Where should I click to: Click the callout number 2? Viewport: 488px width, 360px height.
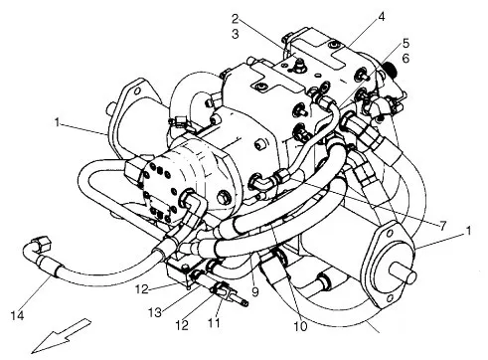(x=235, y=19)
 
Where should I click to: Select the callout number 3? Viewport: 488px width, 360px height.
(x=236, y=34)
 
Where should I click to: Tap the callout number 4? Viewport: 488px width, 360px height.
(x=382, y=17)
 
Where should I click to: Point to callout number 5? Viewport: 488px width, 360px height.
(x=406, y=43)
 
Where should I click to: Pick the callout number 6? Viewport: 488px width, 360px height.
(x=406, y=59)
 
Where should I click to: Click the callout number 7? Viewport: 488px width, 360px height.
(x=443, y=226)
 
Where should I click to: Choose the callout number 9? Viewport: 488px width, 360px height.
(x=254, y=291)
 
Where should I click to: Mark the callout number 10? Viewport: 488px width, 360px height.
(x=300, y=326)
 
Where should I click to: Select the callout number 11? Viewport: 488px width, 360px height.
(x=214, y=322)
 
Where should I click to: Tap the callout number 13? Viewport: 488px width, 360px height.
(x=155, y=312)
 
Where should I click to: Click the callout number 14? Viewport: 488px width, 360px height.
(x=17, y=315)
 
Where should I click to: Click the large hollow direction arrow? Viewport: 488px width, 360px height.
(x=62, y=335)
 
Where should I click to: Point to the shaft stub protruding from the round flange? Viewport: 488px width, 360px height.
(x=404, y=274)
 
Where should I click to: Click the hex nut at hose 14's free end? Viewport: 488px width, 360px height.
(x=42, y=243)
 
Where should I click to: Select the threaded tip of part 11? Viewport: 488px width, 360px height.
(x=244, y=301)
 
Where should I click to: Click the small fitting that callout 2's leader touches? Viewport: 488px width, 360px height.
(x=299, y=64)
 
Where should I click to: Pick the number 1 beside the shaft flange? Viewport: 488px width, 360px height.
(x=468, y=231)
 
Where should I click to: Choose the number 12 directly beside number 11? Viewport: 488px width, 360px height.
(x=182, y=325)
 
